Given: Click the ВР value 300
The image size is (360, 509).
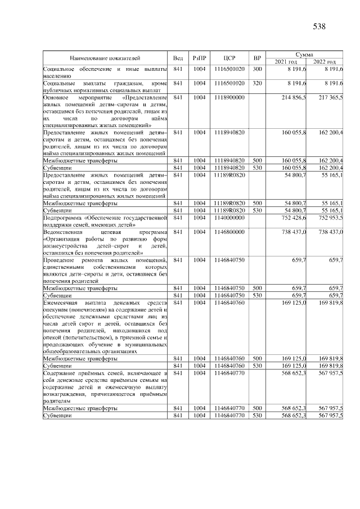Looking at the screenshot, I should click(257, 69).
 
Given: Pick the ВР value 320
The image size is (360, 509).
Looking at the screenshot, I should click(257, 83).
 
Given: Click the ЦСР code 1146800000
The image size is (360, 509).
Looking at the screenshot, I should click(229, 232).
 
